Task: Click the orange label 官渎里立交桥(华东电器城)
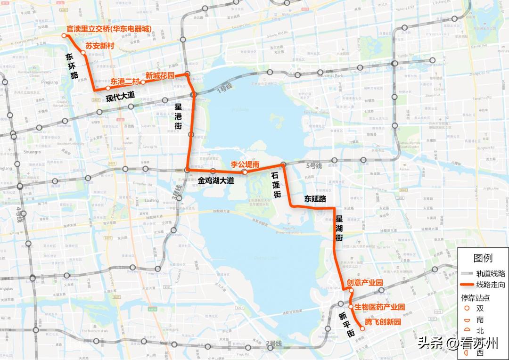pyautogui.click(x=109, y=29)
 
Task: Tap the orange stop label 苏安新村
pyautogui.click(x=100, y=46)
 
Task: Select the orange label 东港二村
pyautogui.click(x=125, y=81)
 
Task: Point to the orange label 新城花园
pyautogui.click(x=160, y=75)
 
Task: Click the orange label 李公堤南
pyautogui.click(x=245, y=164)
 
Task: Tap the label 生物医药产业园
pyautogui.click(x=380, y=307)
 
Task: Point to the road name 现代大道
pyautogui.click(x=120, y=96)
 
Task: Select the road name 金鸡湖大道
pyautogui.click(x=215, y=180)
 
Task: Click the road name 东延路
pyautogui.click(x=315, y=199)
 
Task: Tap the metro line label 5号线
pyautogui.click(x=313, y=166)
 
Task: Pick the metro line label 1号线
pyautogui.click(x=225, y=88)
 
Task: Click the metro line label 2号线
pyautogui.click(x=274, y=343)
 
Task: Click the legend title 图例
pyautogui.click(x=483, y=258)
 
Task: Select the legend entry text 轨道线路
pyautogui.click(x=491, y=273)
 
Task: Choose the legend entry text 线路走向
pyautogui.click(x=491, y=285)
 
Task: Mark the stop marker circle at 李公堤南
pyautogui.click(x=245, y=172)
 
